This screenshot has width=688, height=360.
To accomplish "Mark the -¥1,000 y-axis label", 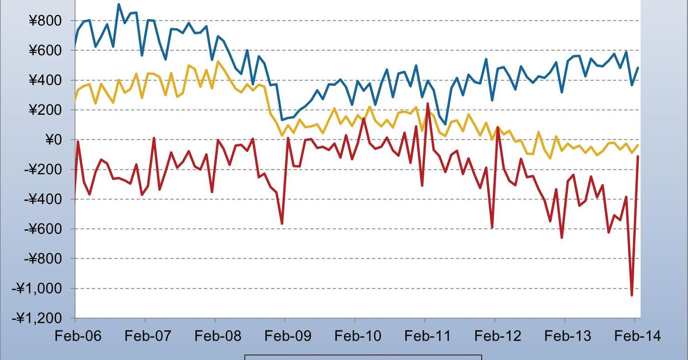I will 41,288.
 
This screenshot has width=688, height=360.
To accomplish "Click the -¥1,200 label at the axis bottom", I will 41,318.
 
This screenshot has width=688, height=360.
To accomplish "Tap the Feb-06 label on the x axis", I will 78,336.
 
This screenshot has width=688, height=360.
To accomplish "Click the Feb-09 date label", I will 288,336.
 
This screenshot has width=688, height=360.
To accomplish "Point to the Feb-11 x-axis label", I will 428,336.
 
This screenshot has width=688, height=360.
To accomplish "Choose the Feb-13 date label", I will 568,336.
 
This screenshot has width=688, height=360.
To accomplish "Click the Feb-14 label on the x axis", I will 637,336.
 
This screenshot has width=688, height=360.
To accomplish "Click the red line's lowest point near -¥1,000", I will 632,295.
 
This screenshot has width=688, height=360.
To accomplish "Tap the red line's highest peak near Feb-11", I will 428,103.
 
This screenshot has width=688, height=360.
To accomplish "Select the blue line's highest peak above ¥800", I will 119,5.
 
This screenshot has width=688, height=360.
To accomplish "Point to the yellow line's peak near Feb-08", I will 218,61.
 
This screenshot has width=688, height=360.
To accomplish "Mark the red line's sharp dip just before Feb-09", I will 282,223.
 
